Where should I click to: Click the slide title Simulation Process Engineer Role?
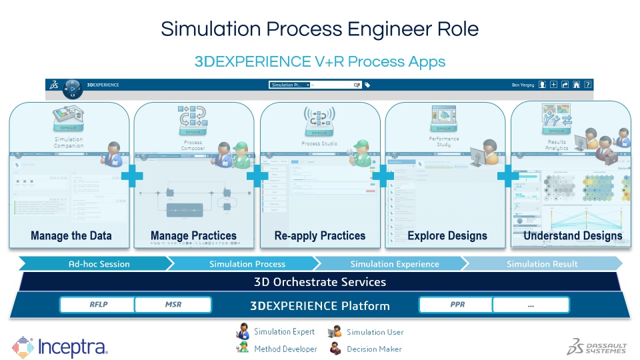[x=319, y=29]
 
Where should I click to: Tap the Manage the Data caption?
[x=71, y=235]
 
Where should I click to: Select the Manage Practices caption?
[x=193, y=235]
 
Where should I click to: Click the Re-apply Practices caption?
[x=320, y=235]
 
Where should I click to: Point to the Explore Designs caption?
[x=447, y=235]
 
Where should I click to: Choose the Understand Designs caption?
[x=573, y=235]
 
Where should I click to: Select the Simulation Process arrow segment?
[x=247, y=264]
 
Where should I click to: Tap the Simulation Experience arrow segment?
[x=395, y=264]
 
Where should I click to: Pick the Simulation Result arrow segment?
[x=543, y=264]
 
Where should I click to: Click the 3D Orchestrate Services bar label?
[x=320, y=282]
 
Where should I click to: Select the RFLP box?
[x=99, y=305]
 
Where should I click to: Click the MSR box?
[x=173, y=305]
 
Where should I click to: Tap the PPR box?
[x=457, y=305]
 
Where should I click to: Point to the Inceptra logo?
[x=60, y=347]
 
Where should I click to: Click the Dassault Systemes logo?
[x=597, y=345]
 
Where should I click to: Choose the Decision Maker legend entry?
[x=369, y=349]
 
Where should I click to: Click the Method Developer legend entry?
[x=277, y=349]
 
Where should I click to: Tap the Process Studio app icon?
[x=320, y=121]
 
